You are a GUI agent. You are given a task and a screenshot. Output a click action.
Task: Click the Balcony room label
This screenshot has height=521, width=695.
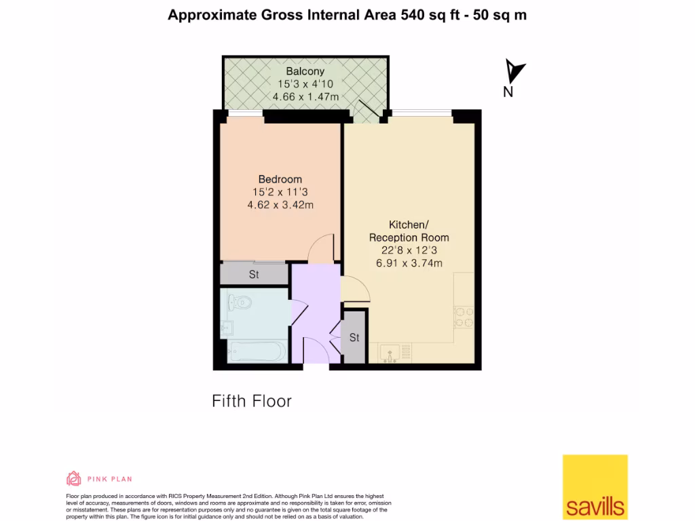(x=305, y=71)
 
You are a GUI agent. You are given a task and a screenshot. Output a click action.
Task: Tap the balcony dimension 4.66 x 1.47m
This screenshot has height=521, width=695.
(x=305, y=97)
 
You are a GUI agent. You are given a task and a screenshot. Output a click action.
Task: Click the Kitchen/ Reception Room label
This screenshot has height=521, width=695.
(x=409, y=231)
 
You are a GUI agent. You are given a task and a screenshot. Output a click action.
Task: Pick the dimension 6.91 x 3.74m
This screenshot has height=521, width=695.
(x=409, y=263)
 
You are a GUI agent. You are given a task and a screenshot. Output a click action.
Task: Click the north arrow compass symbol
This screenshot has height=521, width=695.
(x=515, y=70)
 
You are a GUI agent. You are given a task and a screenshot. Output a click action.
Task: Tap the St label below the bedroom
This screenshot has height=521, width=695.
(x=254, y=275)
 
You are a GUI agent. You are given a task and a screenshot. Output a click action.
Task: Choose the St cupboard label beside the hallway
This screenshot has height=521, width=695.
(x=354, y=337)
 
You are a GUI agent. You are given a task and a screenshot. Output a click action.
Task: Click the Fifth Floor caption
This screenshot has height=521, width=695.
(x=252, y=401)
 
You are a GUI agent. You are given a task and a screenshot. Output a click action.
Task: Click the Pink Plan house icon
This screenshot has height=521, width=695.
(x=73, y=479)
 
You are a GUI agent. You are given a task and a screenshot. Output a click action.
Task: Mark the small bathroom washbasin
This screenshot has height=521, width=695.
(x=226, y=329)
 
